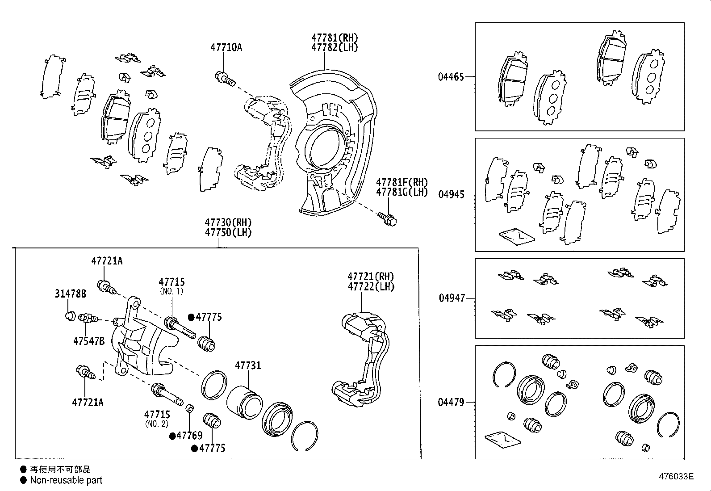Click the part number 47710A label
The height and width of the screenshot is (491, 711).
coord(226,47)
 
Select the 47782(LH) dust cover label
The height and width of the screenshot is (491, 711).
coord(335,48)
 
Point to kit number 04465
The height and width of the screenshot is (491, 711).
coord(451,77)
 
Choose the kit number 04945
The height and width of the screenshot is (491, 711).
coord(451,195)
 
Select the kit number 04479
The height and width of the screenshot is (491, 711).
coord(451,403)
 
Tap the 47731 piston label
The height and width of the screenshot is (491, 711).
coord(248,365)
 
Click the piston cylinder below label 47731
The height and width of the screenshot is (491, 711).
coord(244,402)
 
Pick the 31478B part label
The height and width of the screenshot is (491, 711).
coord(71,294)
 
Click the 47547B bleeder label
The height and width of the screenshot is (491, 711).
coord(88,341)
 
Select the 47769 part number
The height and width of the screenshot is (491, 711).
coord(189,436)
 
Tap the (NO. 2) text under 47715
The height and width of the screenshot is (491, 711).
coord(157,424)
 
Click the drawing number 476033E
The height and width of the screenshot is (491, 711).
coord(676,477)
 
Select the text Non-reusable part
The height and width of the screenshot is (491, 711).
coord(66,481)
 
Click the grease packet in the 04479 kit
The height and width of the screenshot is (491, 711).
coord(502,439)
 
